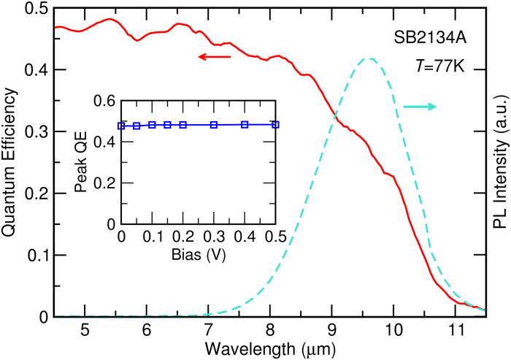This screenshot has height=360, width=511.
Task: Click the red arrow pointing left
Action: click(x=216, y=56)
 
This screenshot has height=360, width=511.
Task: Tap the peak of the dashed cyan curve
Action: click(x=371, y=58)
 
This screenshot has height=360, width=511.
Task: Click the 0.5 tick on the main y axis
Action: click(x=34, y=8)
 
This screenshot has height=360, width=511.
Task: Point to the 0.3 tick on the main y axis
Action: click(x=34, y=131)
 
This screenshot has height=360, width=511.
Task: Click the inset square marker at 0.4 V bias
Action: click(x=245, y=125)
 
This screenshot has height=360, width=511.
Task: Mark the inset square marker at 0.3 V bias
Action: click(x=213, y=125)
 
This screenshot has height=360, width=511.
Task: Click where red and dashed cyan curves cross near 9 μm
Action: click(x=335, y=117)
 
